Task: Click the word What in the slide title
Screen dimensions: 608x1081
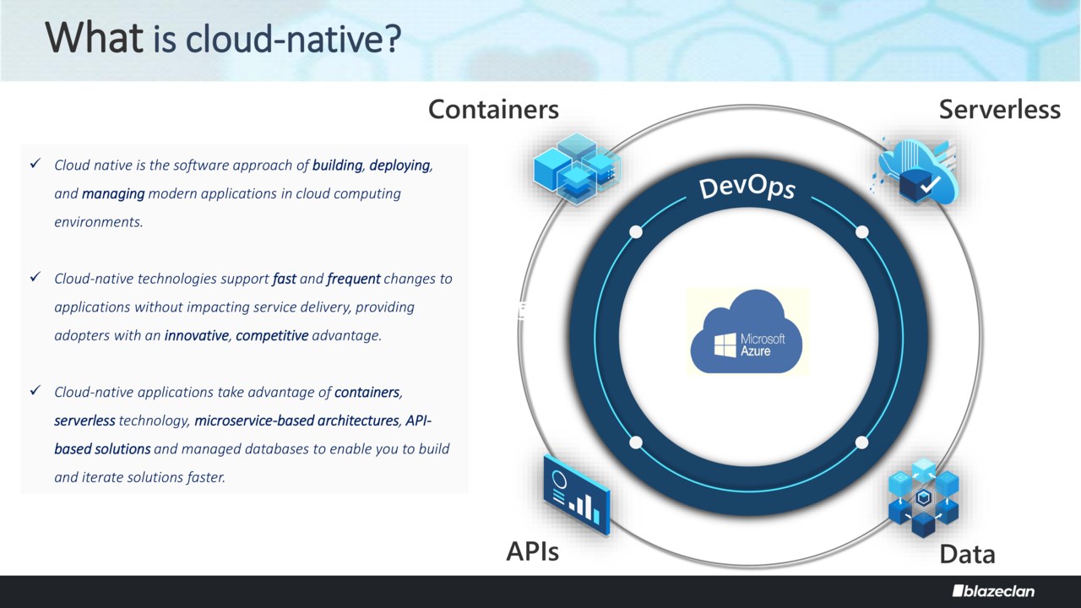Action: pyautogui.click(x=94, y=38)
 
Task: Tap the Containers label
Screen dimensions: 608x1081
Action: pyautogui.click(x=493, y=109)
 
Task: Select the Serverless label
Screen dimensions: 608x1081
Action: pyautogui.click(x=999, y=109)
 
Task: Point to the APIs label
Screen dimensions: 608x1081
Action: pyautogui.click(x=532, y=551)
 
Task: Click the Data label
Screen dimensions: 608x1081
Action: pyautogui.click(x=967, y=554)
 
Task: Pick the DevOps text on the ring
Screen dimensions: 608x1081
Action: pyautogui.click(x=747, y=187)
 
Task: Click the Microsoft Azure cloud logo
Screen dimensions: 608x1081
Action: pyautogui.click(x=747, y=332)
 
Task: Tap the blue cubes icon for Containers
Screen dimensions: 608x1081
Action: pyautogui.click(x=577, y=167)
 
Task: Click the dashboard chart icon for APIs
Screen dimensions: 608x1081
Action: pyautogui.click(x=577, y=494)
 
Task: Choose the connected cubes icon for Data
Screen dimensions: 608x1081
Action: pyautogui.click(x=923, y=498)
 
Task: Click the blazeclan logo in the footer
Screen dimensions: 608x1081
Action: pyautogui.click(x=993, y=591)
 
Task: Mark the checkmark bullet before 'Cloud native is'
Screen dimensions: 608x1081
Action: pyautogui.click(x=35, y=164)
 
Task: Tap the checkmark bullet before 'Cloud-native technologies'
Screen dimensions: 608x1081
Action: pyautogui.click(x=35, y=277)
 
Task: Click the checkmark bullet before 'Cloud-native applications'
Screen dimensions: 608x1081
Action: pyautogui.click(x=35, y=391)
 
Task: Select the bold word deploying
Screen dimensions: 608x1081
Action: pyautogui.click(x=399, y=165)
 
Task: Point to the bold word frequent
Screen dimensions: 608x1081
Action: pyautogui.click(x=354, y=278)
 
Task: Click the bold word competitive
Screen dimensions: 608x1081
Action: pyautogui.click(x=272, y=335)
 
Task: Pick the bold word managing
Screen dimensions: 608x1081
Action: pyautogui.click(x=113, y=193)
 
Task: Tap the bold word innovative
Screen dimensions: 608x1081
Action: pyautogui.click(x=197, y=335)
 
